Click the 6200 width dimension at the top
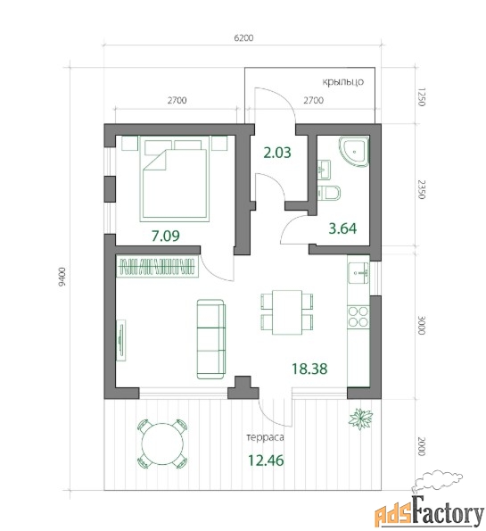coord(243,37)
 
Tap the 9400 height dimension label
coord(62,277)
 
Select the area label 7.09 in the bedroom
coord(166,236)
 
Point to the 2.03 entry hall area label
coord(277,153)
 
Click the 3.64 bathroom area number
coord(342,228)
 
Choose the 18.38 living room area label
coord(309,369)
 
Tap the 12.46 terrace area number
coord(266,460)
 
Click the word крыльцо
coord(342,82)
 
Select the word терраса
coord(266,437)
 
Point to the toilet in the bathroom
coord(329,193)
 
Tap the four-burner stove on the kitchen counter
coord(358,316)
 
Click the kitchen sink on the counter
coord(358,272)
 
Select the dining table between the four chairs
coord(287,312)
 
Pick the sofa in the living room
coord(211,339)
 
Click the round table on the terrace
coord(162,444)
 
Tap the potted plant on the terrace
coord(361,419)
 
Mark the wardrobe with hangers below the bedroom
coord(157,267)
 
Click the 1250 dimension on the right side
coord(422,97)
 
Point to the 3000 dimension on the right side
coord(422,325)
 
